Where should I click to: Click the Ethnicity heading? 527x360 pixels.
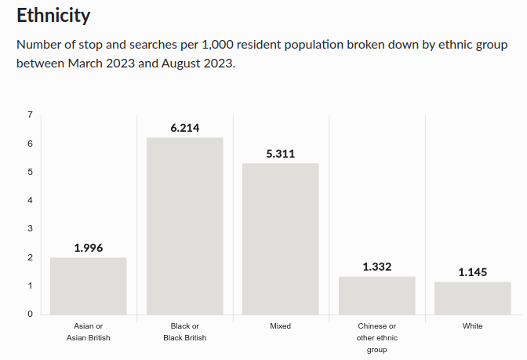click(53, 15)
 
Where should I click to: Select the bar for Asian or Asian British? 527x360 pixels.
click(89, 285)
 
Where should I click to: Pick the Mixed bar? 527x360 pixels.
click(281, 238)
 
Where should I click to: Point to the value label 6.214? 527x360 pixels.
click(185, 128)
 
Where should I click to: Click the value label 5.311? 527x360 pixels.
click(281, 154)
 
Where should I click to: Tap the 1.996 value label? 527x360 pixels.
click(89, 248)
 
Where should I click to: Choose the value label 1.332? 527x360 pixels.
click(376, 267)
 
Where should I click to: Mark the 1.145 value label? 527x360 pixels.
click(472, 272)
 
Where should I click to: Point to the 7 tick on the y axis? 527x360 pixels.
click(30, 115)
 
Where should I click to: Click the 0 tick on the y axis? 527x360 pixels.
click(30, 314)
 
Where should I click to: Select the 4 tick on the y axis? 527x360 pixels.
click(30, 200)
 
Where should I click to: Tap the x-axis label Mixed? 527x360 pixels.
click(281, 325)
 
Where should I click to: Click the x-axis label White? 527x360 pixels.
click(472, 325)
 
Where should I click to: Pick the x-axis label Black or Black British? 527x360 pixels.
click(185, 332)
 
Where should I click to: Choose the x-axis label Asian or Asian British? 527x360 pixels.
click(89, 332)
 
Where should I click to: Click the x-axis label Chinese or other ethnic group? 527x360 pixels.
click(376, 337)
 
